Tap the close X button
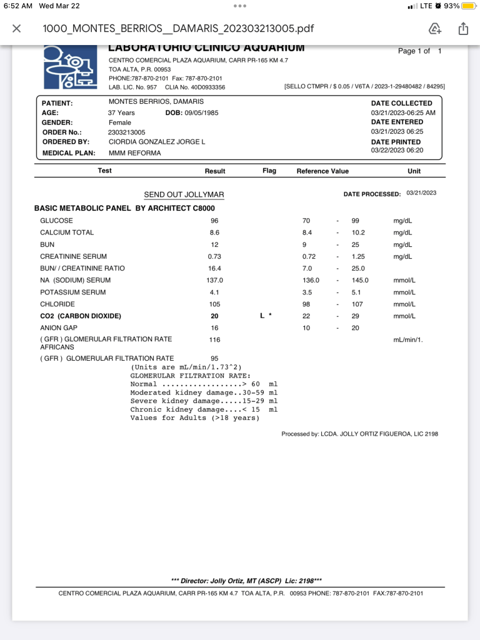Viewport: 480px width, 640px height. [17, 29]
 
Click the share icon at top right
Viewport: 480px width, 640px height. [463, 29]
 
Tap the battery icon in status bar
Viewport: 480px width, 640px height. [469, 6]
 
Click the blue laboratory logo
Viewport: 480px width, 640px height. [70, 67]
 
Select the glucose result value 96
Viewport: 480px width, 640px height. [214, 221]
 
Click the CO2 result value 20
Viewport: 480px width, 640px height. [214, 316]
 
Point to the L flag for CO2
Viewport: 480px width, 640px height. [262, 316]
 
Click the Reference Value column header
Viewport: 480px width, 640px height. [322, 171]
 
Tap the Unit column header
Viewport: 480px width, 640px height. [414, 171]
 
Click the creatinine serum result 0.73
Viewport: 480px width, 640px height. [214, 257]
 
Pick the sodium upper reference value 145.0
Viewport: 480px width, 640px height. [360, 281]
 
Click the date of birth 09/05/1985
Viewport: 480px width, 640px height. [201, 113]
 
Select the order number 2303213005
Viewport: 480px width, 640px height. [127, 132]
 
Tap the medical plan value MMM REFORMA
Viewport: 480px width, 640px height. [134, 153]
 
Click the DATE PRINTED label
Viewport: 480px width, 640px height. [396, 142]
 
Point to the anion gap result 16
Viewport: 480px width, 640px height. [214, 328]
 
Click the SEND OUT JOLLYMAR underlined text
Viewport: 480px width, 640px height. [184, 195]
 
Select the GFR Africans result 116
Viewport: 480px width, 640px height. [214, 339]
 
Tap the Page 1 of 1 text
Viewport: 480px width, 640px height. [419, 51]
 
